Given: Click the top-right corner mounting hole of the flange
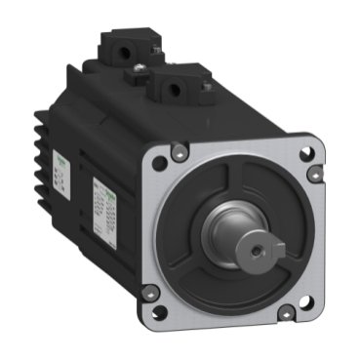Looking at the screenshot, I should click(x=306, y=154).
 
